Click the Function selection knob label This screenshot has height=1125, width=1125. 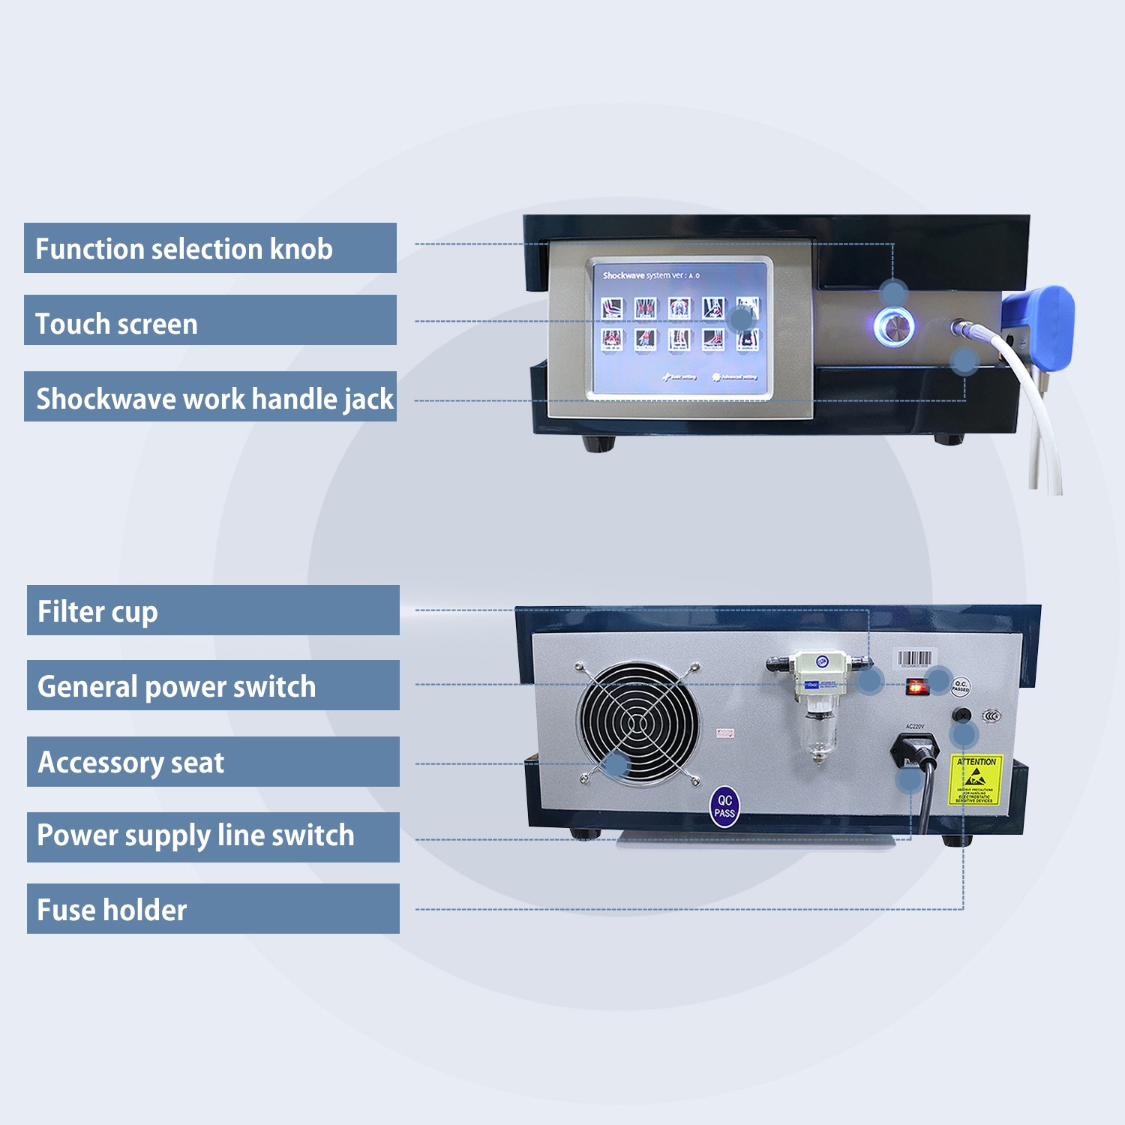pyautogui.click(x=210, y=248)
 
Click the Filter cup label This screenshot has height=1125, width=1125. pyautogui.click(x=213, y=610)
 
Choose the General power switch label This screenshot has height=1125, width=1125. pyautogui.click(x=213, y=685)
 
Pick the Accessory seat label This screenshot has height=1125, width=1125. pyautogui.click(x=213, y=762)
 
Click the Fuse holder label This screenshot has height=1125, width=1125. pyautogui.click(x=213, y=909)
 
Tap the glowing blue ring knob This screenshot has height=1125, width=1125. pyautogui.click(x=894, y=328)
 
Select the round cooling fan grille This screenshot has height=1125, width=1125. pyautogui.click(x=637, y=723)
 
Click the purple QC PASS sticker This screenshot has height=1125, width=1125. pyautogui.click(x=724, y=807)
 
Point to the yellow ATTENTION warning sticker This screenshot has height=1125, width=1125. pyautogui.click(x=976, y=780)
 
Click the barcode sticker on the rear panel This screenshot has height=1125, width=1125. pyautogui.click(x=916, y=660)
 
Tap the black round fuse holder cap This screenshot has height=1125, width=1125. pyautogui.click(x=961, y=715)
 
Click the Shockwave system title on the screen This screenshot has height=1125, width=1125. pyautogui.click(x=651, y=275)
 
